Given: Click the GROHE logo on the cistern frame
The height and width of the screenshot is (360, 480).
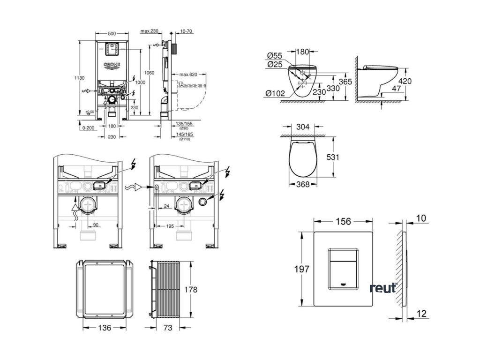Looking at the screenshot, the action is pos(112,65).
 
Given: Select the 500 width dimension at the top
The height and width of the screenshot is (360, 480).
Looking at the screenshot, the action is pos(112,34).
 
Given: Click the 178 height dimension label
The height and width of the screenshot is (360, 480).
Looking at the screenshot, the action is pos(191,289).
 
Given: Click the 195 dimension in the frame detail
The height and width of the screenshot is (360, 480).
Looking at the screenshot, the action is pos(170,226).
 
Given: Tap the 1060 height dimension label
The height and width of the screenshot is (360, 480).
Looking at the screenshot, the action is pos(149,73).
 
